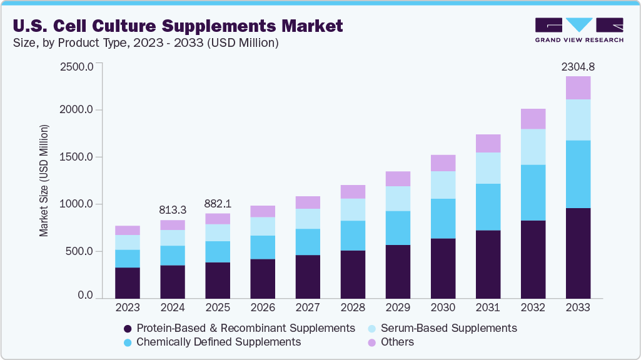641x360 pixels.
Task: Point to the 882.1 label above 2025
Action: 218,204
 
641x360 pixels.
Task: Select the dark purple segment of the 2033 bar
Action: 578,253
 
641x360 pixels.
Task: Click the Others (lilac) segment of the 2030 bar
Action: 443,163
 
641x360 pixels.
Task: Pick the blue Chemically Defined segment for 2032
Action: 533,192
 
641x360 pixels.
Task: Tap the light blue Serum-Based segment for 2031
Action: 488,168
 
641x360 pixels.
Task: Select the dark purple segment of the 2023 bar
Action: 128,282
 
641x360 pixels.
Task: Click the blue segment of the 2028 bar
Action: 353,236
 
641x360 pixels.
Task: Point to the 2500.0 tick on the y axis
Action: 77,66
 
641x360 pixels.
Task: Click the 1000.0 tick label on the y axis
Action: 77,204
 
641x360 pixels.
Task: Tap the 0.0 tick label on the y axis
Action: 86,295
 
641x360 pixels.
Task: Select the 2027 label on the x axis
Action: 308,308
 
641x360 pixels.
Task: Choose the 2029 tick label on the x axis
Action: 398,308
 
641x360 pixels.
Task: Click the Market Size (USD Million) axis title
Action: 44,181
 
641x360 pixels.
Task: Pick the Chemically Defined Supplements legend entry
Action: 218,342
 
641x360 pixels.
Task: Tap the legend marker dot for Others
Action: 371,342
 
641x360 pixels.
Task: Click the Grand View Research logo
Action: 579,29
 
